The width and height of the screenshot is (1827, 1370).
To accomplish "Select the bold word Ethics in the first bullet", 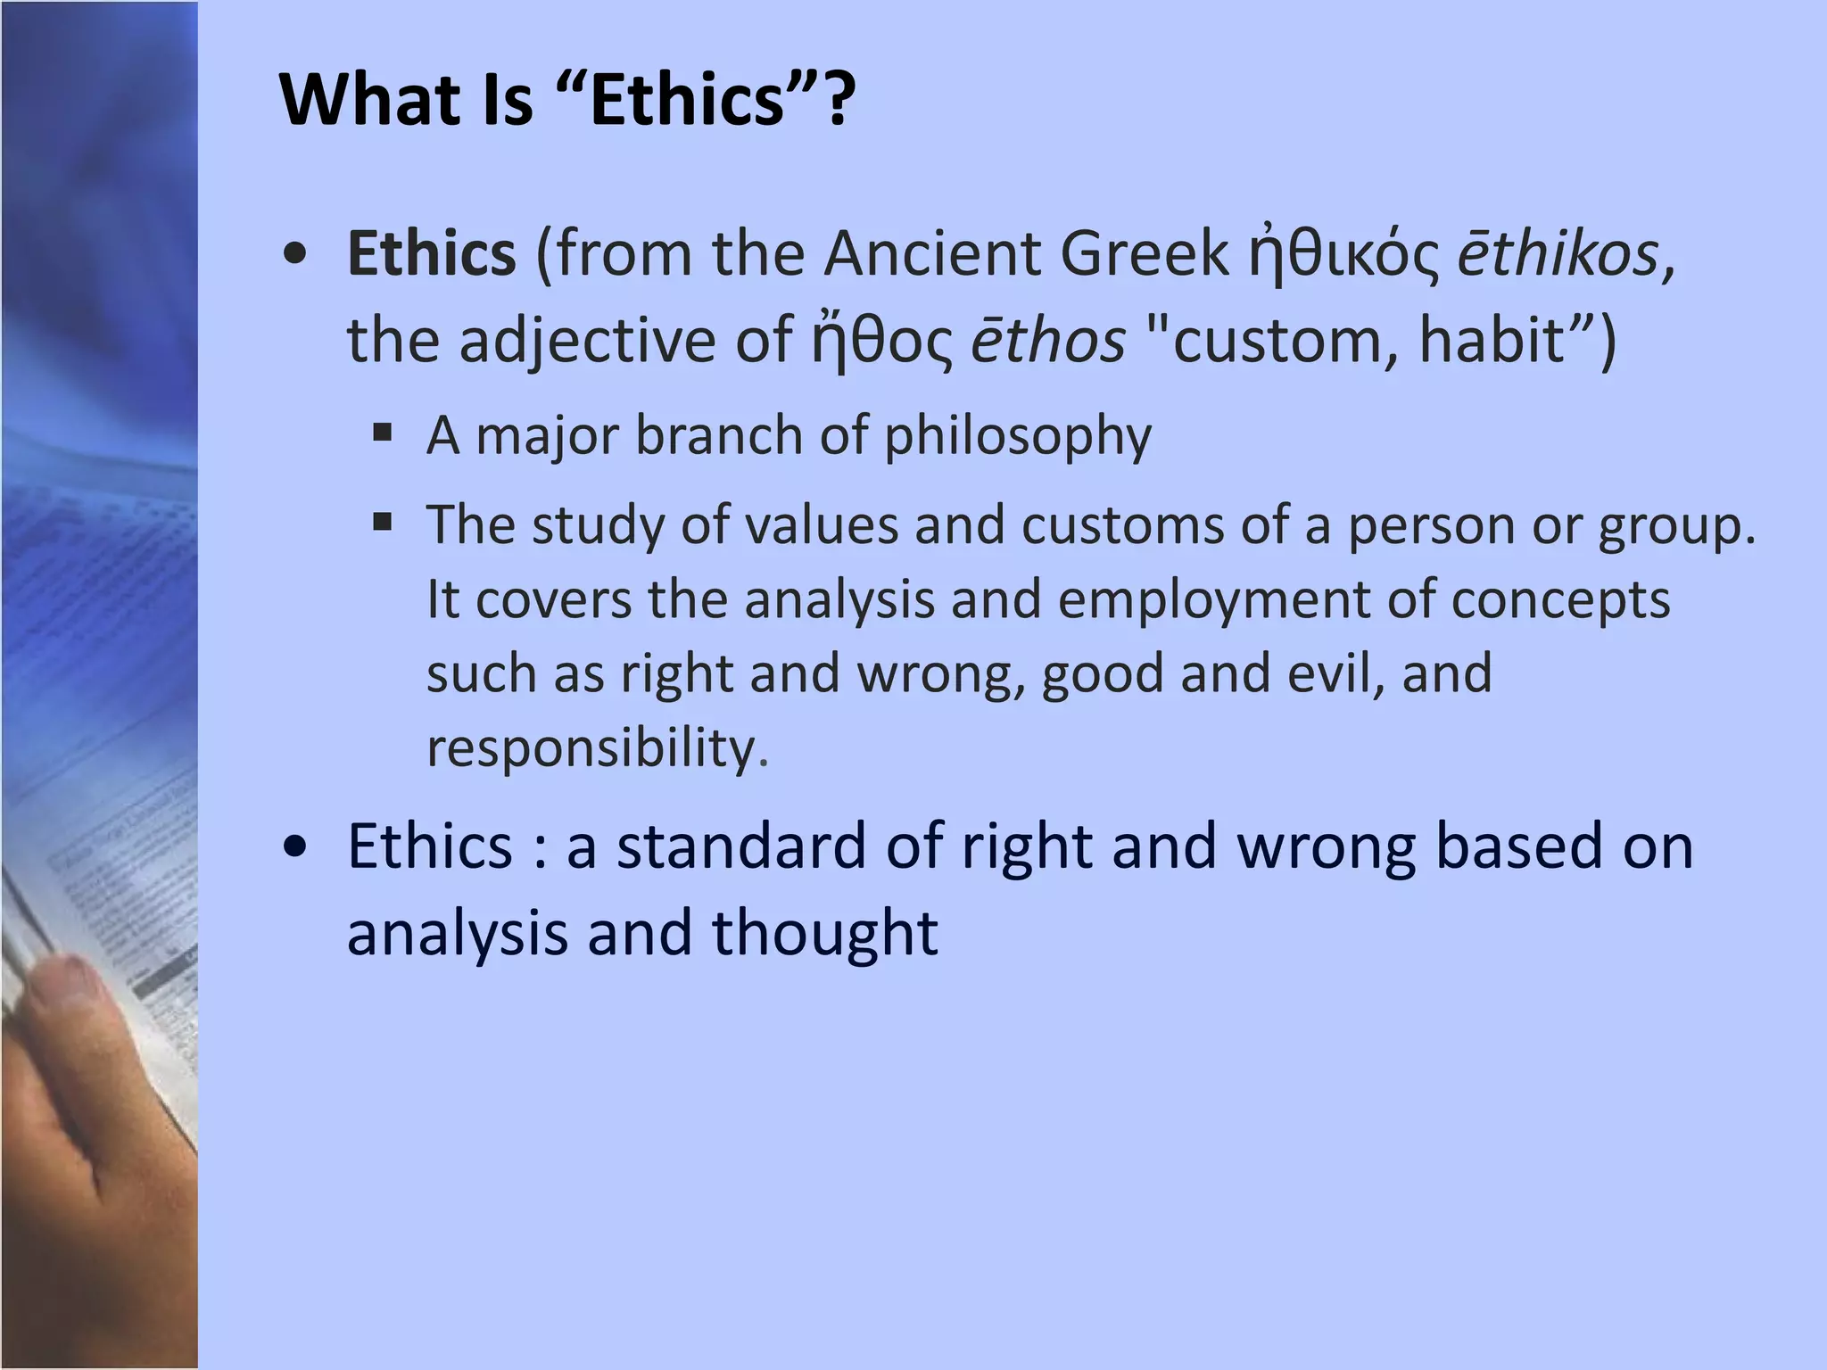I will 432,253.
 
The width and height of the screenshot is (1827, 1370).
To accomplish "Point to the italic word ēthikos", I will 1558,253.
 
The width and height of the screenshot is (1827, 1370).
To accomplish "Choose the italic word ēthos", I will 1048,341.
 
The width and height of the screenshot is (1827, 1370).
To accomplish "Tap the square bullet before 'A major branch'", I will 383,433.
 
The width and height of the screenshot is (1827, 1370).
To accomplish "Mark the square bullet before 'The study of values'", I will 383,522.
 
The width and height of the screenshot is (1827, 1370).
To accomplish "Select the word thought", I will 825,933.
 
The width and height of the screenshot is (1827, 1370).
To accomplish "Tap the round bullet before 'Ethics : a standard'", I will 294,846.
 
